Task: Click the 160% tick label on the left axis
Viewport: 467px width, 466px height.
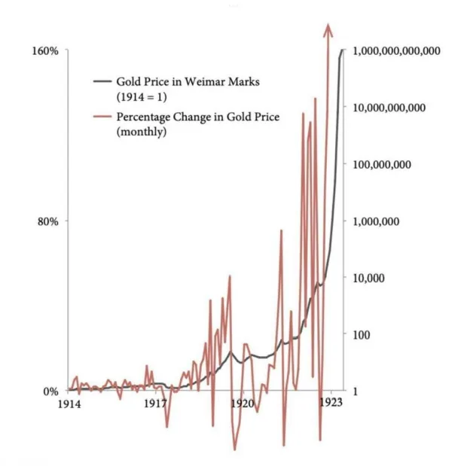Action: (x=45, y=51)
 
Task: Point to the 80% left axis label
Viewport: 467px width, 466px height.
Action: (x=48, y=221)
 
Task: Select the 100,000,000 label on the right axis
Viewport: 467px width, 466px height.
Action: (x=382, y=165)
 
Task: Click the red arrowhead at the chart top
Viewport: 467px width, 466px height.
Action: (x=328, y=29)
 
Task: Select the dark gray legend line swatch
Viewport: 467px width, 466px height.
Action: (x=102, y=81)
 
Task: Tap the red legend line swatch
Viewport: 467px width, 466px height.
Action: (x=102, y=117)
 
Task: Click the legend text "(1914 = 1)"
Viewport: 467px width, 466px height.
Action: (x=141, y=97)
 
